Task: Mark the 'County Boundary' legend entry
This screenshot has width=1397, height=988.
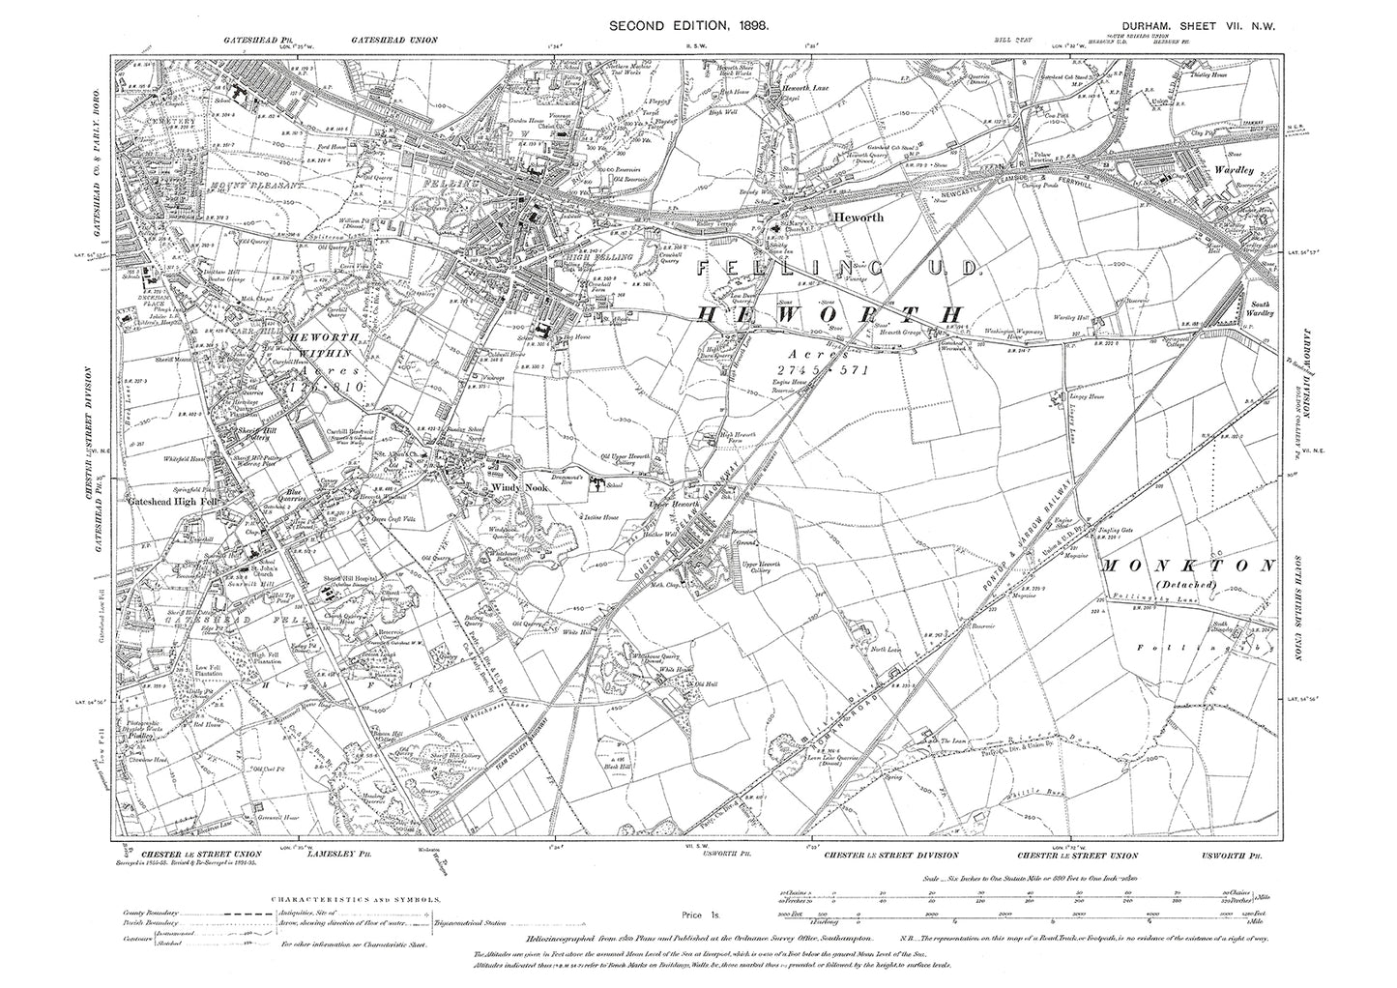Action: click(x=157, y=912)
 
